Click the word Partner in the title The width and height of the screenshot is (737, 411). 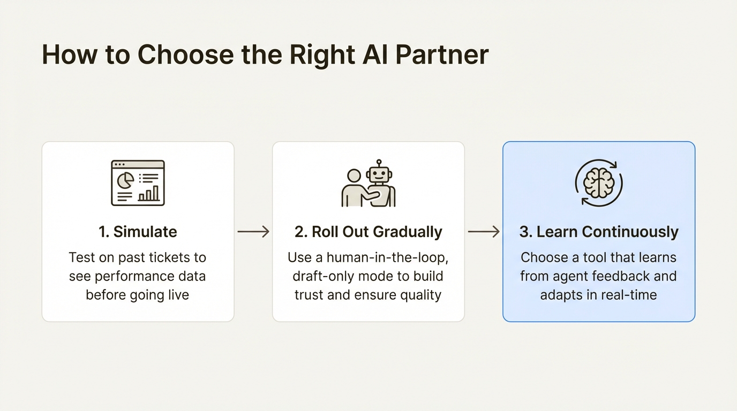442,55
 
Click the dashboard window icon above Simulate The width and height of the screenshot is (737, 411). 138,183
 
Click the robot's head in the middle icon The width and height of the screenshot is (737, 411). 379,174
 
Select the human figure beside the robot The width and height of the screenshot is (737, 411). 354,189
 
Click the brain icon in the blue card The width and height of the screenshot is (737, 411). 598,183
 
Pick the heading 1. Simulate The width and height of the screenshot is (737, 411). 138,232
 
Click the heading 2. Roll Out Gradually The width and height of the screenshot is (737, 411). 368,232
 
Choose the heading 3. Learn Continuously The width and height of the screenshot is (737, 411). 599,232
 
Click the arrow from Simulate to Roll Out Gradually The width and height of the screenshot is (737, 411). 253,232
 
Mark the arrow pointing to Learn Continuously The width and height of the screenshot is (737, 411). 484,232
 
